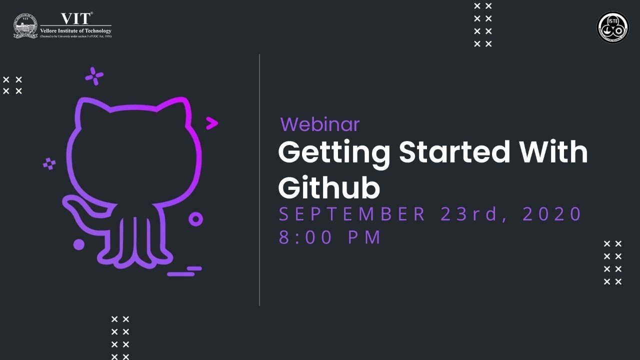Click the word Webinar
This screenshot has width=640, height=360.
pos(319,124)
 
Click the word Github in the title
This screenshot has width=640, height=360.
pos(328,188)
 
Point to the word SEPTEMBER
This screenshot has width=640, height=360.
pos(352,214)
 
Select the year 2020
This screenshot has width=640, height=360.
pos(552,214)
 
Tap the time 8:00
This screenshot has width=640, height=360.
pos(305,237)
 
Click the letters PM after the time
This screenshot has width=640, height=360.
pos(365,237)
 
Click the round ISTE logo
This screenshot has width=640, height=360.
pos(612,27)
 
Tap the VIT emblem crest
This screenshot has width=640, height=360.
pos(25,26)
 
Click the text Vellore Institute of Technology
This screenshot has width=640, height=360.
pos(76,31)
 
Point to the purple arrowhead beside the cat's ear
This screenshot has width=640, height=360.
pos(212,123)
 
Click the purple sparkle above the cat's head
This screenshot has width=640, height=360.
pos(94,76)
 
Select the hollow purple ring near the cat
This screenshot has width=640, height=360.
pos(195,219)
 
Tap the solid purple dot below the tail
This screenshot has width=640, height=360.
pos(78,244)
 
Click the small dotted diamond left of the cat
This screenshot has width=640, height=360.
pos(49,163)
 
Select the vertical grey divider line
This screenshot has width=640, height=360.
pos(259,180)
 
